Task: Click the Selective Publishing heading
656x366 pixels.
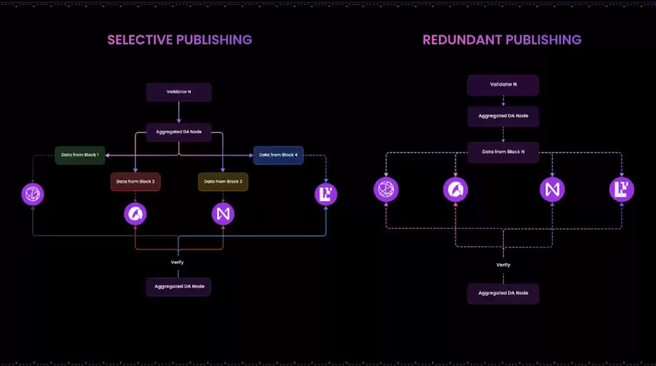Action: click(179, 40)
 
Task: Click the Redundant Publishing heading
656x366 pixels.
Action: click(502, 40)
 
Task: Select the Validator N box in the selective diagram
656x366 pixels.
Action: click(179, 92)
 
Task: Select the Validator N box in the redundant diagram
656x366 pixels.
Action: click(503, 85)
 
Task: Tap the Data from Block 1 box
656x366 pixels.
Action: click(80, 155)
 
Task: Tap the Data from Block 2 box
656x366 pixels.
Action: click(135, 181)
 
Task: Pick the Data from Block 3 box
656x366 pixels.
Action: click(223, 181)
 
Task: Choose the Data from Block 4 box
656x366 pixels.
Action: click(278, 155)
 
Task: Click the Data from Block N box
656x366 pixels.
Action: click(503, 152)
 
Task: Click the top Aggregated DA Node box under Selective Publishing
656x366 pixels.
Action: click(179, 132)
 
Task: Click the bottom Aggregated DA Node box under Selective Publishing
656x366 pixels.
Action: click(178, 286)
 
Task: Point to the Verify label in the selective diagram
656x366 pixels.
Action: click(177, 262)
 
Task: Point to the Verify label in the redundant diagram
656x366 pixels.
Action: click(503, 265)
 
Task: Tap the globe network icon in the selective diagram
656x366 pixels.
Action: click(33, 194)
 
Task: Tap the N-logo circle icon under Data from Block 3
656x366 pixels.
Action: click(223, 214)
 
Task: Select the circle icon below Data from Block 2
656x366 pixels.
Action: click(135, 214)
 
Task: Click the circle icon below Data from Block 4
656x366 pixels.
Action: click(326, 194)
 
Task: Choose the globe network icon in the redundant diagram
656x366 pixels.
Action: click(386, 190)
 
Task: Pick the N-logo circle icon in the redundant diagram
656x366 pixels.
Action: click(552, 190)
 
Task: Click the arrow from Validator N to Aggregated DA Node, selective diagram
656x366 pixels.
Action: click(179, 112)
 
